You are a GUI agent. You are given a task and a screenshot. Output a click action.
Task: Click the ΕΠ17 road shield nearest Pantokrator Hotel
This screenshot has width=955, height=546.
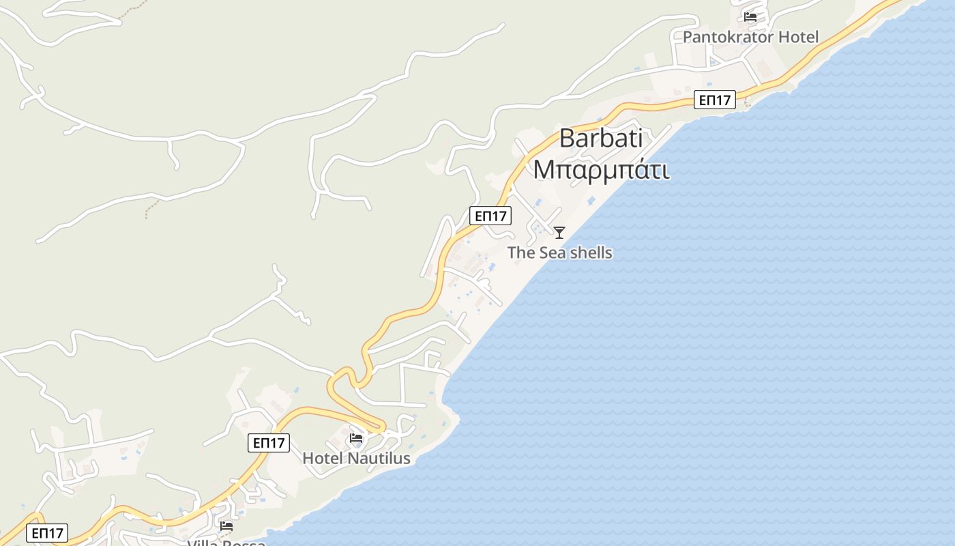[x=715, y=100]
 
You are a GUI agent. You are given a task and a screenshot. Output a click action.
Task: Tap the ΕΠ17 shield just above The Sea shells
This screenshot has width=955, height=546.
[x=490, y=216]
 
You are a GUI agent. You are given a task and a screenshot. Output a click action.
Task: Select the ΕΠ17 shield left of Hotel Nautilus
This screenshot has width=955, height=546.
[x=269, y=443]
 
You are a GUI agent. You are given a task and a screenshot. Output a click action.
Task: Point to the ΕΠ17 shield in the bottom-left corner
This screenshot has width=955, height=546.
[x=47, y=533]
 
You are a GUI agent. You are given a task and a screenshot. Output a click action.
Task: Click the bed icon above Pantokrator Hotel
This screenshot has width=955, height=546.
[x=750, y=17]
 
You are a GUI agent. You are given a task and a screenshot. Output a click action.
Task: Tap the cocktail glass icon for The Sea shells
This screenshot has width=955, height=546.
[x=559, y=233]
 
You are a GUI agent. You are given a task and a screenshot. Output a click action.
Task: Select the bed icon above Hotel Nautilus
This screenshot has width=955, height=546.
[x=356, y=438]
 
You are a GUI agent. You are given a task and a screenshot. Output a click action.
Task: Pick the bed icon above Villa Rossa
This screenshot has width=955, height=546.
[x=226, y=526]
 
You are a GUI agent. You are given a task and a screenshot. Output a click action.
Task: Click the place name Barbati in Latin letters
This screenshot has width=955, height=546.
[x=601, y=139]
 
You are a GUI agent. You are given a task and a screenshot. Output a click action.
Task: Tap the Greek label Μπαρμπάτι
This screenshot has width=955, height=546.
[x=601, y=169]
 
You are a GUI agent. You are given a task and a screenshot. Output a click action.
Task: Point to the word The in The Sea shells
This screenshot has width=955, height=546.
[x=521, y=253]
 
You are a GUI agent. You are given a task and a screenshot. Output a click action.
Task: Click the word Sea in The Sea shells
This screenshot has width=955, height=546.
[x=553, y=253]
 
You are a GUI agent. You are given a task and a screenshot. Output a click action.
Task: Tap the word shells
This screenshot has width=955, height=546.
[x=591, y=253]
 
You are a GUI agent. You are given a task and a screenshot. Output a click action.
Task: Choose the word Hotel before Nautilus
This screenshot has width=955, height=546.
[x=323, y=458]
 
